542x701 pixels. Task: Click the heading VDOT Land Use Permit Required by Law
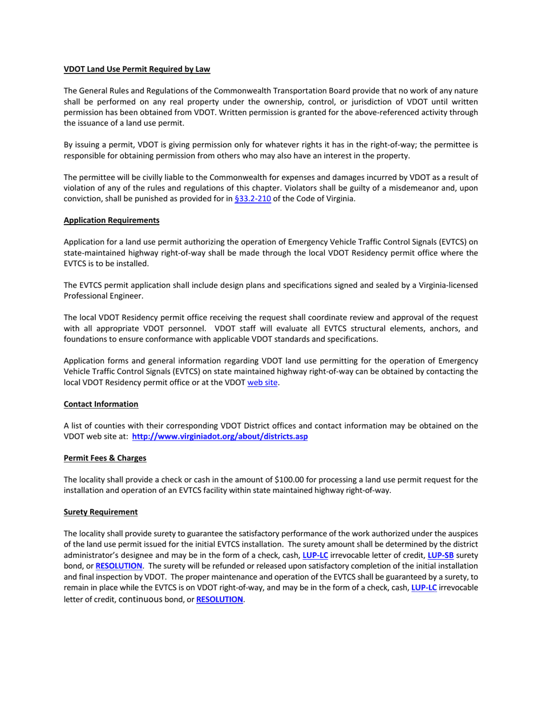[x=137, y=70]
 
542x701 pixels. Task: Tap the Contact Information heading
[x=101, y=404]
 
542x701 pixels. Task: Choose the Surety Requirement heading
[x=100, y=512]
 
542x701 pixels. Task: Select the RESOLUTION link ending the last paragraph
[x=220, y=600]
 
